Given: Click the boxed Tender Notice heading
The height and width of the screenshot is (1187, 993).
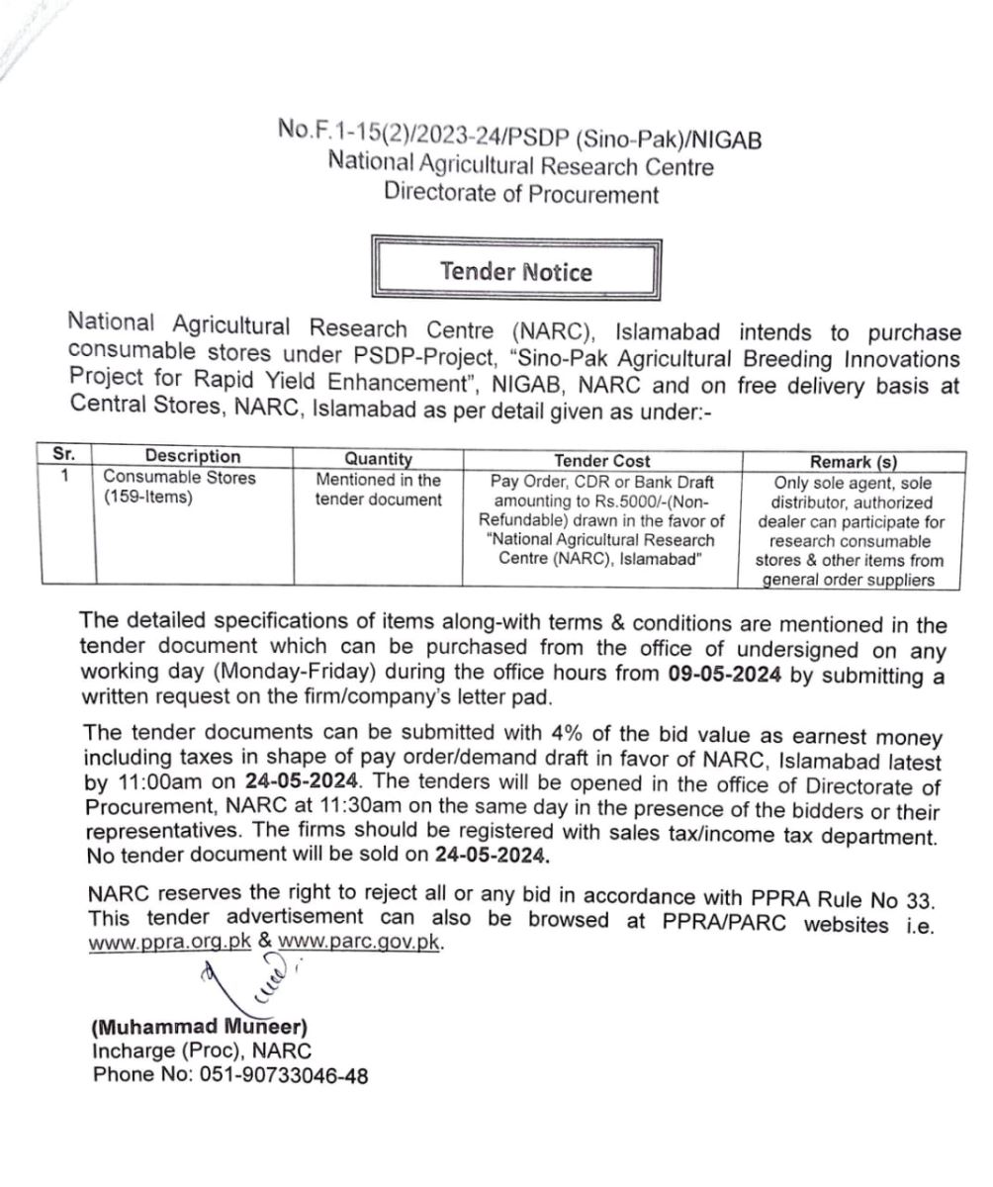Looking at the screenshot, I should (516, 271).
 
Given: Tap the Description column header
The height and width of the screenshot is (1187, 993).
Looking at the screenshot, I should (192, 457).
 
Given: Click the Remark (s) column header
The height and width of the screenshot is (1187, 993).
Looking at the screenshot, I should (853, 462).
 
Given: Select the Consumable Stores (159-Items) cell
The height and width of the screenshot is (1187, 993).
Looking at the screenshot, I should (179, 488).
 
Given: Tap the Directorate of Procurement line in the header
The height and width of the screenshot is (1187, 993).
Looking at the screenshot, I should (521, 194).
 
